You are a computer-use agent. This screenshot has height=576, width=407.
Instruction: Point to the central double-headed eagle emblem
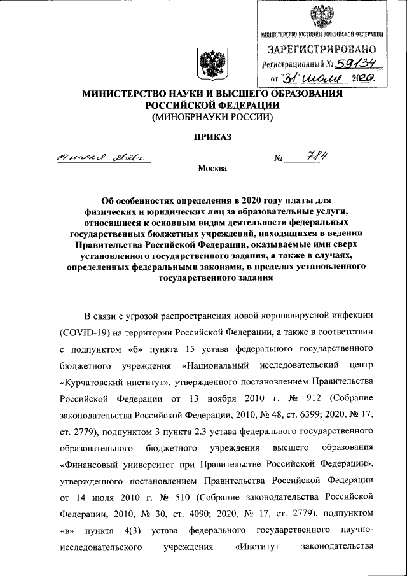coord(209,64)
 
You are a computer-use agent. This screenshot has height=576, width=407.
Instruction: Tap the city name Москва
coord(212,168)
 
